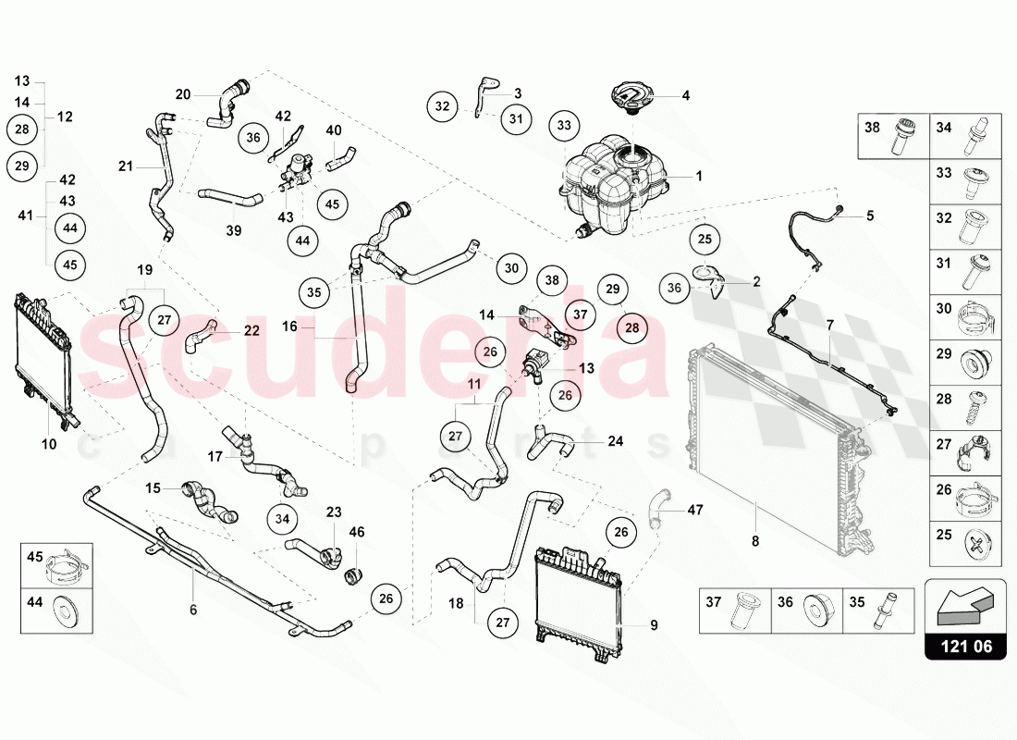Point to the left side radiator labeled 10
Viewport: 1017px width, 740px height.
pyautogui.click(x=43, y=361)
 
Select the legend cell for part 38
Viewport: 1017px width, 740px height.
pyautogui.click(x=894, y=136)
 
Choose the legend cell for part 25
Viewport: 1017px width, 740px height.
pyautogui.click(x=966, y=543)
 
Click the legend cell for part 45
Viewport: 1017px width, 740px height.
pyautogui.click(x=56, y=565)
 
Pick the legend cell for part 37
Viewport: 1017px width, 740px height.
pyautogui.click(x=735, y=610)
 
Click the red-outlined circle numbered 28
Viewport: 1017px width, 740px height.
pyautogui.click(x=631, y=327)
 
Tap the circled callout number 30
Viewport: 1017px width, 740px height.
pyautogui.click(x=512, y=267)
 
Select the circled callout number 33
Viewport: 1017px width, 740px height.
pyautogui.click(x=564, y=125)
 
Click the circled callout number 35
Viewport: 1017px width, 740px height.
pyautogui.click(x=314, y=292)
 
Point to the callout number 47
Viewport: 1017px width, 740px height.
pyautogui.click(x=695, y=511)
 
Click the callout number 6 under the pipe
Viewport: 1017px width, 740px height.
pyautogui.click(x=192, y=610)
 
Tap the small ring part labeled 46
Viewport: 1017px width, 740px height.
pyautogui.click(x=353, y=575)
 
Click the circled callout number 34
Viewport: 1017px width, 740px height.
pyautogui.click(x=282, y=519)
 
